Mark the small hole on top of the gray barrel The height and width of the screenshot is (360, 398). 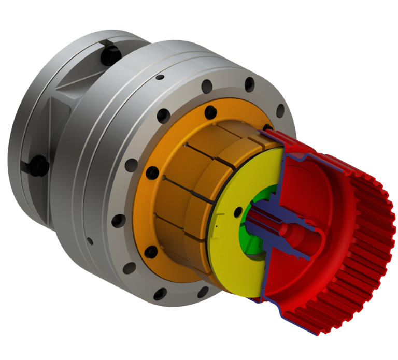click(160, 77)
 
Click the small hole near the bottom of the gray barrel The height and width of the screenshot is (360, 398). click(91, 240)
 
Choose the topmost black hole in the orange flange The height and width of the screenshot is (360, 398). click(210, 111)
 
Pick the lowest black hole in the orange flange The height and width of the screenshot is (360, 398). click(151, 252)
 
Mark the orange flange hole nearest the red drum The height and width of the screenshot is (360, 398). click(267, 128)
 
